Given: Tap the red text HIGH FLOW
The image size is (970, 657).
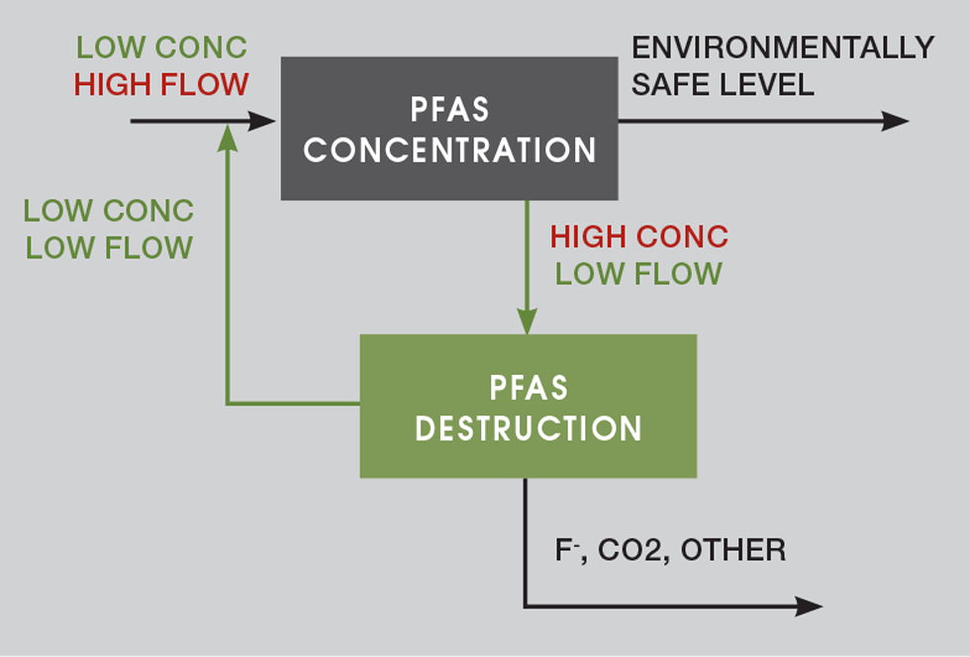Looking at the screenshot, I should coord(160,85).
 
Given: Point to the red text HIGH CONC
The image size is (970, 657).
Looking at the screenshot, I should coord(638,237).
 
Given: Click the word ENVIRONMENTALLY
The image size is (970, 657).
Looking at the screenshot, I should coord(783,47).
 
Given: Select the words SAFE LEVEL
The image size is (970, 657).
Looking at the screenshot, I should coord(723,85).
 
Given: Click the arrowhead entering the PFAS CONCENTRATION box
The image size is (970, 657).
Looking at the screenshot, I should coord(263,122).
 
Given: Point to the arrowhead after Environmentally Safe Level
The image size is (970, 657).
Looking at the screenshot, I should coord(895,122).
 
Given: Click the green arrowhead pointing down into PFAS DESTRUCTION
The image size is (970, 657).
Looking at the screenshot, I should coord(527,321).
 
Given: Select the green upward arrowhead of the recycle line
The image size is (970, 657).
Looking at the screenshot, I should coord(229,138).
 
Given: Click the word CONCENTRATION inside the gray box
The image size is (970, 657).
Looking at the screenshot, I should coord(449,150).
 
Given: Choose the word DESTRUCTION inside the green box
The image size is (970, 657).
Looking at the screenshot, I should coord(528,429).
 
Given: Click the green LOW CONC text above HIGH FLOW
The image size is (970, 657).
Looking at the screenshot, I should coord(161,47).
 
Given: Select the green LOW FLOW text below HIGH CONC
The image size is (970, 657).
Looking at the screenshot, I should coord(638,274).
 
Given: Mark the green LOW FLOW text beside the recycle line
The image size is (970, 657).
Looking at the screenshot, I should coord(109,247).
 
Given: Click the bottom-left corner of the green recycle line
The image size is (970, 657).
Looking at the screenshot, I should coord(229,403).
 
